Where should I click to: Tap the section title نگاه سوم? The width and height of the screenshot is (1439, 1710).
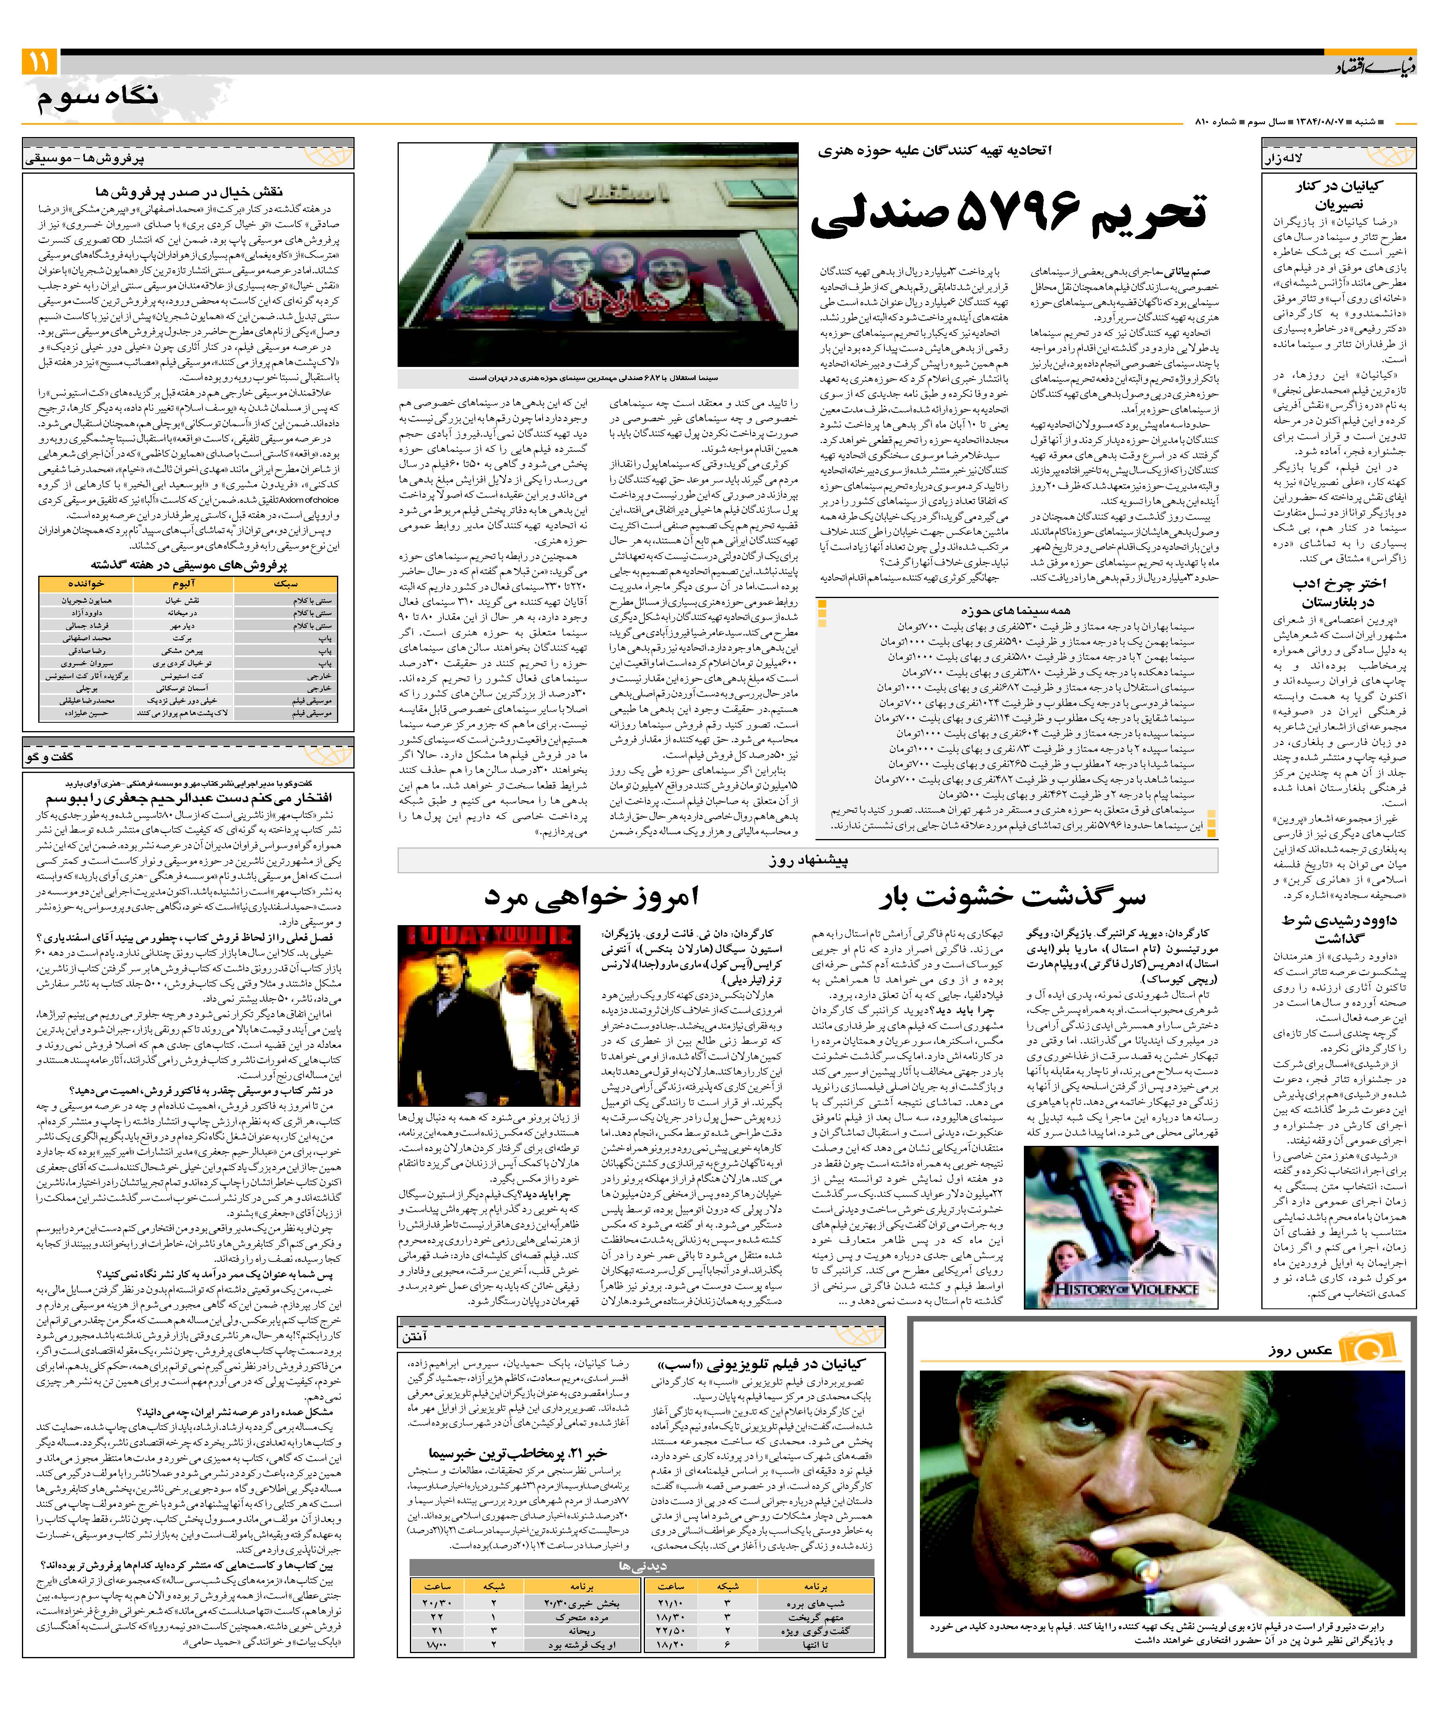tap(98, 98)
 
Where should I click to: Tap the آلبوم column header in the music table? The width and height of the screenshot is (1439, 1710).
tap(184, 584)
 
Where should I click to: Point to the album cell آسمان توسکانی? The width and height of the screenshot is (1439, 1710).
tap(184, 688)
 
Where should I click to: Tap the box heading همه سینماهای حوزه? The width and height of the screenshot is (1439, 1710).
tap(1016, 610)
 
